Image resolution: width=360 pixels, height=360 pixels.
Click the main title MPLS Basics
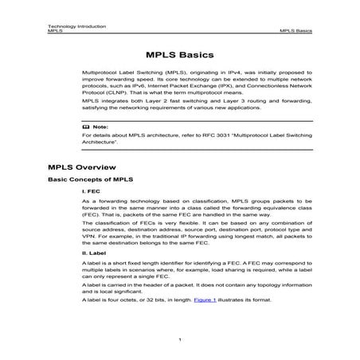180,56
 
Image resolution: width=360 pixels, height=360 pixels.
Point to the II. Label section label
95,275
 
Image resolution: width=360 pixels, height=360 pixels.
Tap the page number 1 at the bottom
180,340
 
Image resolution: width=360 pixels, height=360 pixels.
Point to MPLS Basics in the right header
295,31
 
